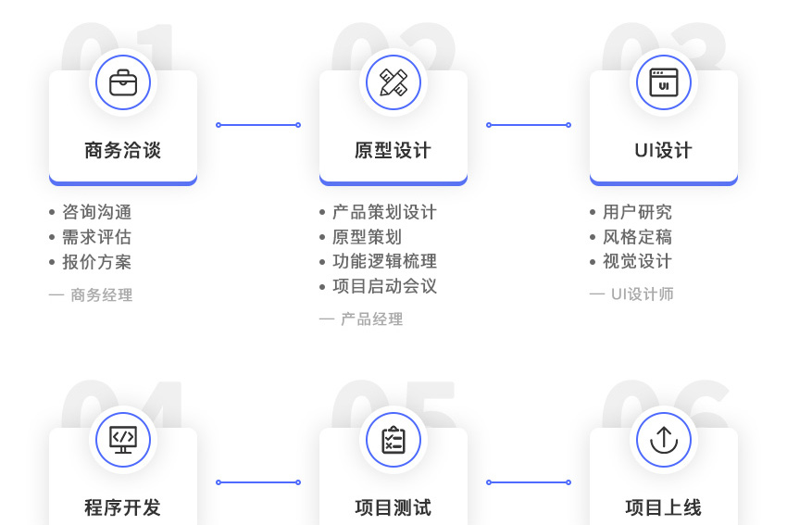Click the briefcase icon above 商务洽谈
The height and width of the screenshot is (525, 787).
point(123,82)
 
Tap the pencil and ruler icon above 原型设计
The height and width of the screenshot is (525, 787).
point(393,82)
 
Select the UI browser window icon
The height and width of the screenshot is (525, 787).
point(664,82)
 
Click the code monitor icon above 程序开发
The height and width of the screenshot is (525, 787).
point(123,440)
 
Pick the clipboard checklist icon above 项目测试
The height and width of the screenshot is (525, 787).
point(393,440)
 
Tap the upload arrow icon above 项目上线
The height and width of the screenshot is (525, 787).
point(664,440)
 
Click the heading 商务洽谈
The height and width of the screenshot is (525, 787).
point(123,150)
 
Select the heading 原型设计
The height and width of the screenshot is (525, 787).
point(393,150)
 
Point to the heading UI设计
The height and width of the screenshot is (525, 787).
point(664,150)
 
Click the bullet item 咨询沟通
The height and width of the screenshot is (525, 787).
point(96,212)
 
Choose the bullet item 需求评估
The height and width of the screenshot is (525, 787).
point(96,237)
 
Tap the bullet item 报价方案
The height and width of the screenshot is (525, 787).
point(96,262)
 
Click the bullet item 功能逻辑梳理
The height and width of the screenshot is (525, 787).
point(384,262)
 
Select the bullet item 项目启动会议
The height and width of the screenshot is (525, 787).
point(384,287)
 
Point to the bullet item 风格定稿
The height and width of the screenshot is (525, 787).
point(637,237)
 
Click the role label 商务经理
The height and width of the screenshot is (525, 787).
point(101,295)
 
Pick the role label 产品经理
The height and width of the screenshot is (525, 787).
point(371,319)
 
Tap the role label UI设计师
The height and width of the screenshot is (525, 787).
point(642,294)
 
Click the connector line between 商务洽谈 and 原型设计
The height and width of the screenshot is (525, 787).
point(258,125)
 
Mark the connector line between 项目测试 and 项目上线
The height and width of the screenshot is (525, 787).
point(529,482)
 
